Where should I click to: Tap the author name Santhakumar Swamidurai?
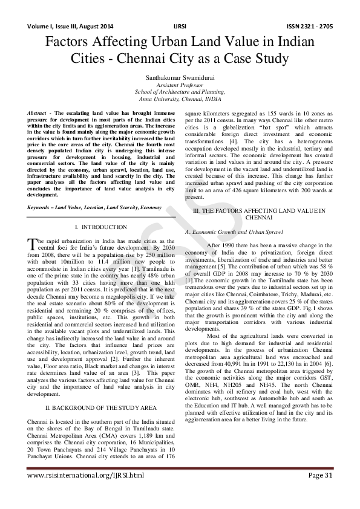click(180, 77)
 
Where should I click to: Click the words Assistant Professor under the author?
click(180, 85)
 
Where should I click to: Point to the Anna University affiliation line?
click(180, 98)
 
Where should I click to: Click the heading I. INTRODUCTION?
click(101, 227)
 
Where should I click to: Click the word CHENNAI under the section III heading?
click(258, 216)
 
